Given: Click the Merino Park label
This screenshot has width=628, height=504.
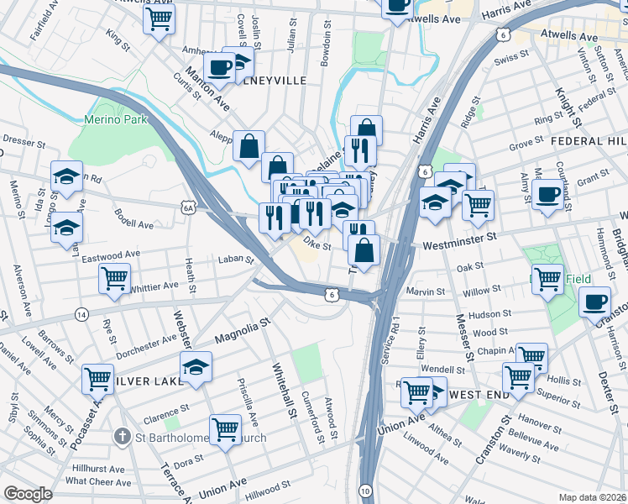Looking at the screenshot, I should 116,119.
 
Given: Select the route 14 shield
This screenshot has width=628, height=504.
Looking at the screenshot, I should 81,314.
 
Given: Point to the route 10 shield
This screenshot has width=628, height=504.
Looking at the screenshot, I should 365,490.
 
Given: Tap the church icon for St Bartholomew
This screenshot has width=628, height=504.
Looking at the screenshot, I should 123,437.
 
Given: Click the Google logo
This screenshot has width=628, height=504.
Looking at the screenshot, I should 28,493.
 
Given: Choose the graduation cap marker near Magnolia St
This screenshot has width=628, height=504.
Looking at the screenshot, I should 196,367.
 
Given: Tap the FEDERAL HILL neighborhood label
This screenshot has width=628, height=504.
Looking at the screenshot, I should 589,142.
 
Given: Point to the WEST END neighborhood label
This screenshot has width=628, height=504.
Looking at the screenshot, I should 481,394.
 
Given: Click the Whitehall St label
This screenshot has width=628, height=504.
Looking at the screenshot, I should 284,390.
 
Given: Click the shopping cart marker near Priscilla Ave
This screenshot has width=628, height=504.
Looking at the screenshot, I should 226,430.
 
